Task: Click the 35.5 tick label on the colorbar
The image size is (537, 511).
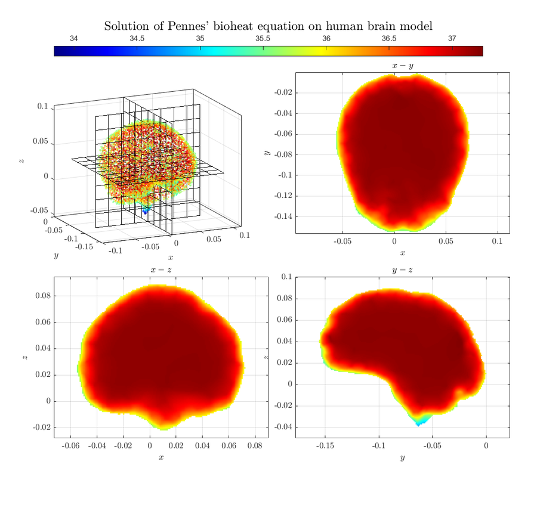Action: click(263, 39)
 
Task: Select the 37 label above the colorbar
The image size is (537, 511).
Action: click(452, 39)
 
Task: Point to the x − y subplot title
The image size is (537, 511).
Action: click(402, 66)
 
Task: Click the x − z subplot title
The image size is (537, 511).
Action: click(161, 270)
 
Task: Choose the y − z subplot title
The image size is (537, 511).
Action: click(402, 270)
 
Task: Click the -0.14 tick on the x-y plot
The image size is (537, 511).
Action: click(283, 216)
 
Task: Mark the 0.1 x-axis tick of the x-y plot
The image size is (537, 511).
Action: click(498, 242)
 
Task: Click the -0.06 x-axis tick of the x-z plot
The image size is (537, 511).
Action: click(70, 445)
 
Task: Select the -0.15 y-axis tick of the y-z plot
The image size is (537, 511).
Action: click(325, 445)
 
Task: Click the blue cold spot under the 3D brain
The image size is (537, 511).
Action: click(145, 211)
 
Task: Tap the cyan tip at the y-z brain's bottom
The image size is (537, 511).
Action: click(419, 423)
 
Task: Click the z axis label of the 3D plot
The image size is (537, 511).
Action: click(23, 160)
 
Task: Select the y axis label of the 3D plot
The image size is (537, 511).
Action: click(56, 255)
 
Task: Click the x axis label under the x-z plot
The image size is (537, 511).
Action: click(161, 457)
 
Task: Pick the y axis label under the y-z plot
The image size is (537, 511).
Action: click(402, 457)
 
